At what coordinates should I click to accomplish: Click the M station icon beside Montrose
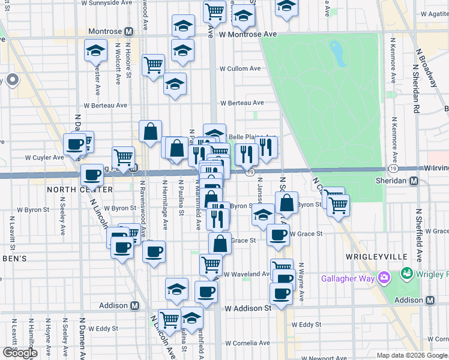pyautogui.click(x=129, y=31)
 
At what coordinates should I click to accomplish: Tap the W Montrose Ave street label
pyautogui.click(x=248, y=35)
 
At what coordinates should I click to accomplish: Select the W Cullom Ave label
pyautogui.click(x=240, y=68)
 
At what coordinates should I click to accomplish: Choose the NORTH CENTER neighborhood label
pyautogui.click(x=71, y=190)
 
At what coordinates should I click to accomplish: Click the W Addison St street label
pyautogui.click(x=248, y=308)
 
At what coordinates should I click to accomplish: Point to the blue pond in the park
pyautogui.click(x=338, y=54)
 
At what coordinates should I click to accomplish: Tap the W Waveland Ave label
pyautogui.click(x=248, y=274)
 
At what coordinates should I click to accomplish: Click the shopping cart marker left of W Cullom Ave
pyautogui.click(x=154, y=65)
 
